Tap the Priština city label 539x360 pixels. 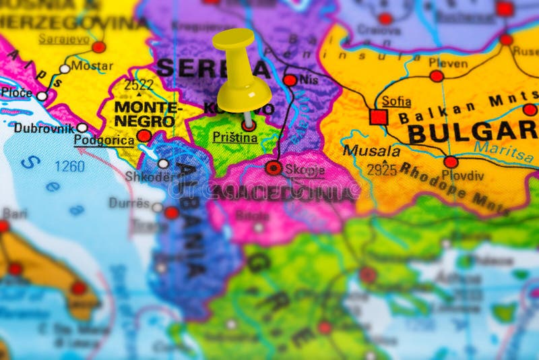click(x=234, y=138)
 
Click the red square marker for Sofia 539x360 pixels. click(x=379, y=117)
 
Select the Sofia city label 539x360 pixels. click(x=396, y=101)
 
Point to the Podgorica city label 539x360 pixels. click(x=103, y=140)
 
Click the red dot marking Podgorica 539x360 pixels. click(x=144, y=136)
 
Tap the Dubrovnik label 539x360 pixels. click(x=43, y=127)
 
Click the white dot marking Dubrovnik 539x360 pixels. click(x=82, y=127)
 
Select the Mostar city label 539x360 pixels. click(x=92, y=65)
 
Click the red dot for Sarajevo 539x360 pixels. click(x=99, y=47)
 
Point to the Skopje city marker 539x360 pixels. click(x=274, y=168)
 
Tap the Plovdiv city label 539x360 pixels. click(x=463, y=175)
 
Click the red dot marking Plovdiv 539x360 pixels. click(x=450, y=162)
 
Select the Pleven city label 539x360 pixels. click(x=447, y=63)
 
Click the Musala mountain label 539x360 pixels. click(x=371, y=151)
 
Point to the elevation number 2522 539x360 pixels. click(x=138, y=85)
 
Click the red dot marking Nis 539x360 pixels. click(x=290, y=80)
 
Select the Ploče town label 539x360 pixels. click(x=17, y=92)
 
